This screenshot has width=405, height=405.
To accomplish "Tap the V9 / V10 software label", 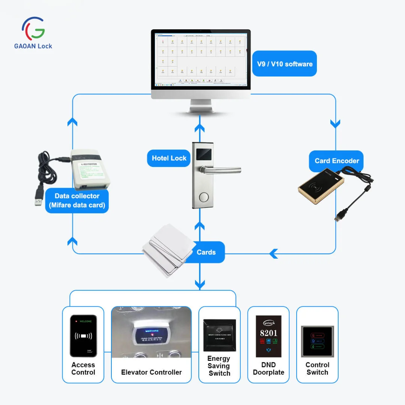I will [x=285, y=64].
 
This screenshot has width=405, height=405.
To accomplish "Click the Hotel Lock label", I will [x=169, y=158].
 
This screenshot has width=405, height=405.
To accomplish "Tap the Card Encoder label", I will [x=337, y=161].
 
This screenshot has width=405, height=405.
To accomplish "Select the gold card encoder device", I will [x=321, y=186].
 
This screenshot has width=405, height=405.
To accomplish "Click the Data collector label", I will [x=77, y=200].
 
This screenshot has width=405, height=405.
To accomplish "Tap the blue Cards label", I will [x=206, y=252].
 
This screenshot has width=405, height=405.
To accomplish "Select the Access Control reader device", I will [x=83, y=336].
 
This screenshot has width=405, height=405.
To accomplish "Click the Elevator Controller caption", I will [x=151, y=372].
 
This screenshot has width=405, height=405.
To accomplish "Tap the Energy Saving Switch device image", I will [x=219, y=335].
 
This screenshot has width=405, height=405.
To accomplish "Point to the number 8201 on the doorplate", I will [x=268, y=333].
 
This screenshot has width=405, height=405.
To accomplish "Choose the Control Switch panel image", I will [x=317, y=341].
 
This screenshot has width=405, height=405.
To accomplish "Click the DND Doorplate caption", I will [x=268, y=369].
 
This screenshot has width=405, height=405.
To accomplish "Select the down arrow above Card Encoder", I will [x=335, y=124].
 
